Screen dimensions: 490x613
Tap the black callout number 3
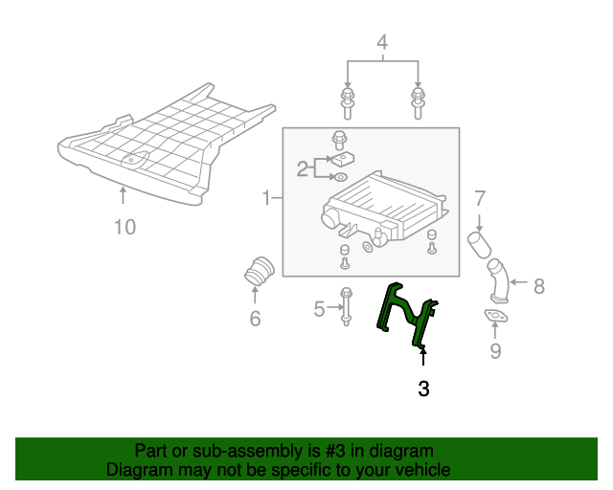[x=422, y=389]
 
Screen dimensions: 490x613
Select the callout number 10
[x=125, y=227]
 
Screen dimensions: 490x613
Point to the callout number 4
[x=382, y=42]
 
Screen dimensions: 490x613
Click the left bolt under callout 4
[x=347, y=101]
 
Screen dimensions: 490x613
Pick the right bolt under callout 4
[x=418, y=101]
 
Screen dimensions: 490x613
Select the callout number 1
[x=266, y=198]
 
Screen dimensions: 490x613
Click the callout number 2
[x=303, y=169]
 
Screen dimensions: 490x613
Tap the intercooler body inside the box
[x=383, y=206]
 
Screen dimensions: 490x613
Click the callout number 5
[x=320, y=308]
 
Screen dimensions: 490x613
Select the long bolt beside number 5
[x=346, y=308]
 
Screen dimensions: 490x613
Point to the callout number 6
[x=255, y=319]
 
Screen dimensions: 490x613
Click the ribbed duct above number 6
[x=259, y=271]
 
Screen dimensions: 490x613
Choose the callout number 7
[x=481, y=199]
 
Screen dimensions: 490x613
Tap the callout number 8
[x=538, y=284]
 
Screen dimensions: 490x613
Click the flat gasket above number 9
[x=494, y=317]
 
